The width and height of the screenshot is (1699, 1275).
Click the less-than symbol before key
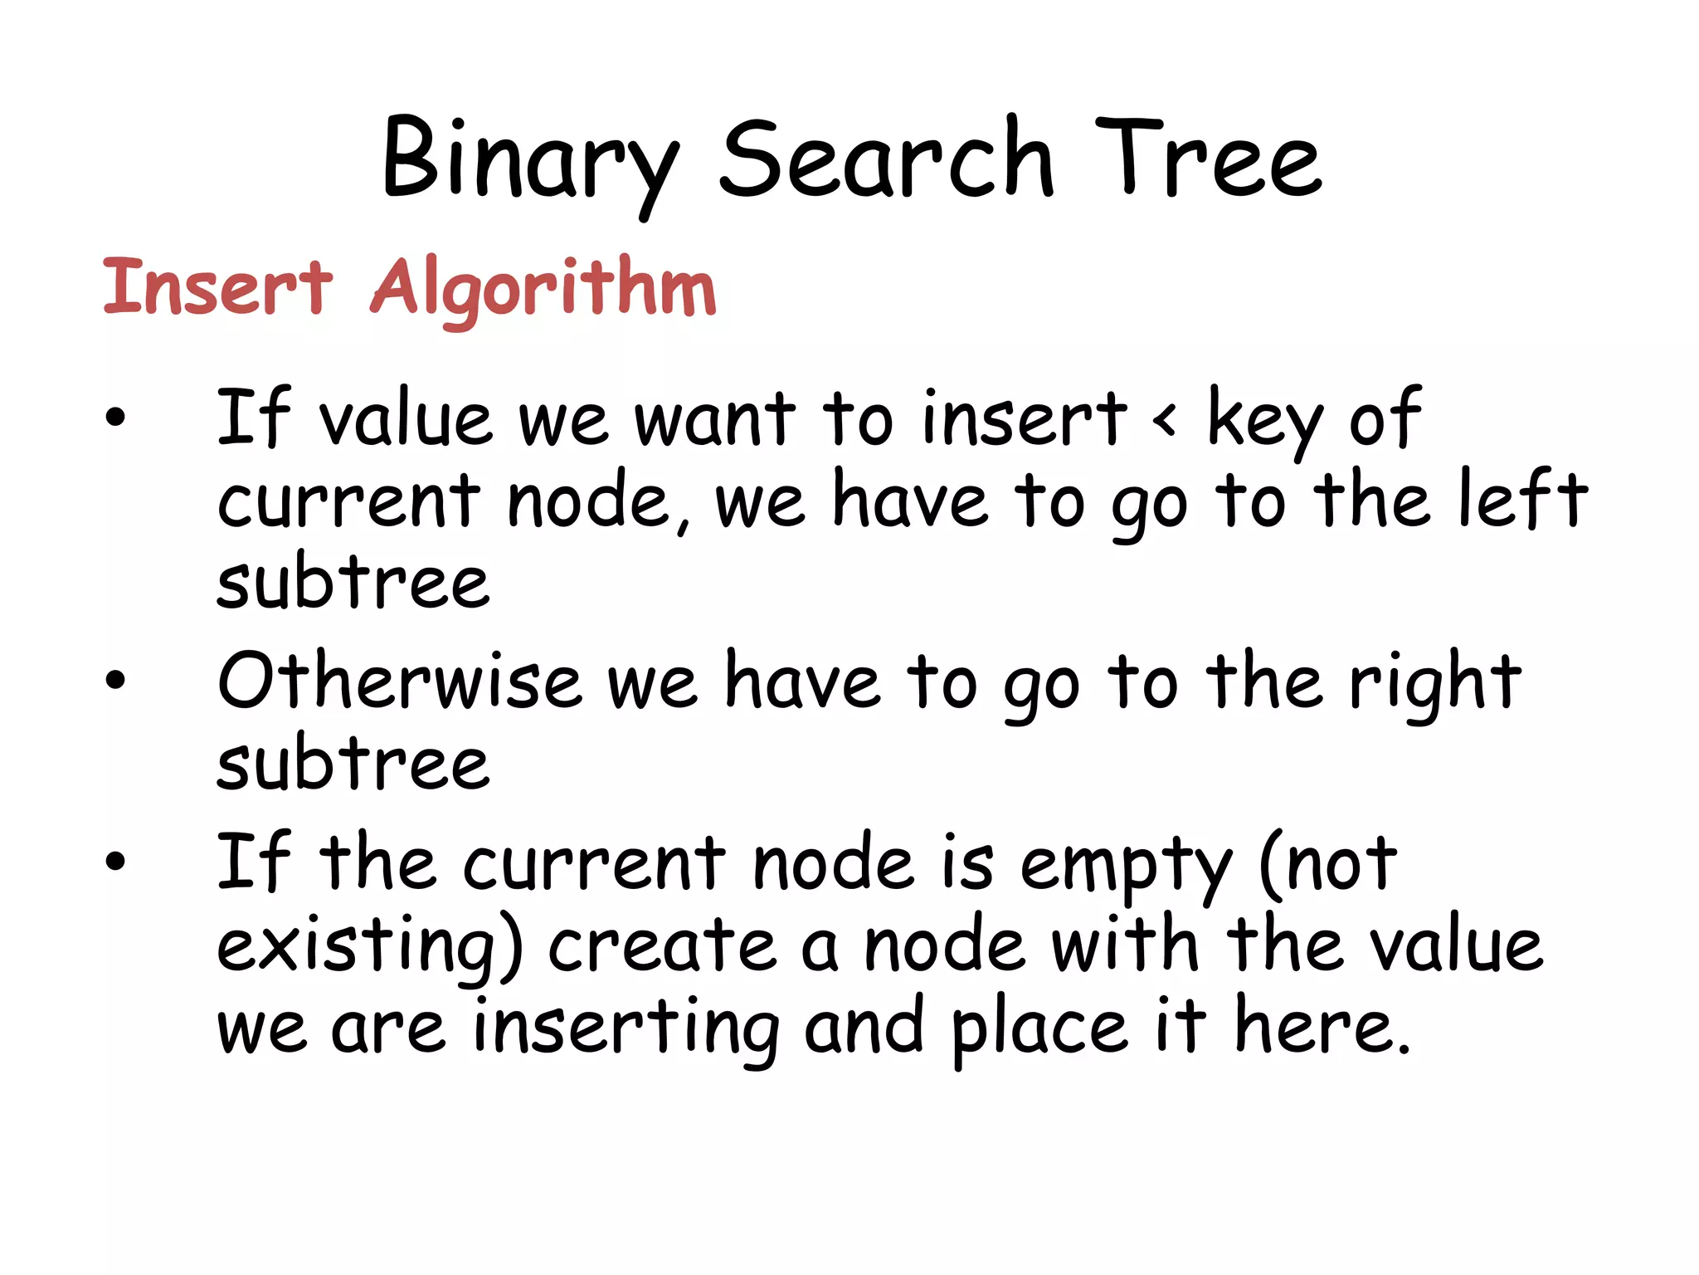pyautogui.click(x=1165, y=420)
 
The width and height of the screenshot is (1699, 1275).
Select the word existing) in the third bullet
pyautogui.click(x=370, y=946)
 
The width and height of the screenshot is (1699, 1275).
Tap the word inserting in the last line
pyautogui.click(x=626, y=1028)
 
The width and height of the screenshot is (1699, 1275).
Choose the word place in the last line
pyautogui.click(x=1039, y=1028)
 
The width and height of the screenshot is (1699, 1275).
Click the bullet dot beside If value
pyautogui.click(x=115, y=417)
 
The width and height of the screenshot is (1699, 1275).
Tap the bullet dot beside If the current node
pyautogui.click(x=115, y=861)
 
